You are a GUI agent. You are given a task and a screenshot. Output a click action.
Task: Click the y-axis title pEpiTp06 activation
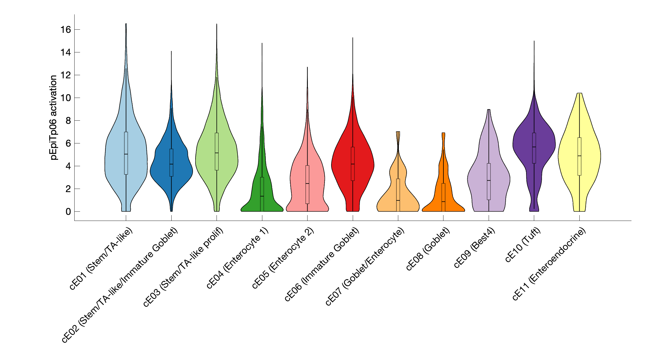tap(54, 118)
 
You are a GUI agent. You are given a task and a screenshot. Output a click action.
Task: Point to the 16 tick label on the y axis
tap(66, 30)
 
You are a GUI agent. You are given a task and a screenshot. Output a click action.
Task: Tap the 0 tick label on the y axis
tap(68, 212)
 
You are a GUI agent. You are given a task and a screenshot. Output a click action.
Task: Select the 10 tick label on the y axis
tap(66, 98)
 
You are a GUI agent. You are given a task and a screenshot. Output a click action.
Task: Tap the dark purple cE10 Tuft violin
tap(544, 144)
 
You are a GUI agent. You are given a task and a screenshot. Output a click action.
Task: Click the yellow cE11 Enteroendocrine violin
tap(590, 156)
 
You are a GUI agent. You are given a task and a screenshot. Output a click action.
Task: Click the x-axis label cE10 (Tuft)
tap(523, 245)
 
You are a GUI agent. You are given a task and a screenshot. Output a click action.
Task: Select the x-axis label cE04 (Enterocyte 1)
tap(238, 258)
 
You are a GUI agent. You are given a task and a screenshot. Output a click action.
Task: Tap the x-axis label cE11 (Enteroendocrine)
tap(549, 264)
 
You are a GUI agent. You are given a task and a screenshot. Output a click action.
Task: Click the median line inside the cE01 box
tap(126, 154)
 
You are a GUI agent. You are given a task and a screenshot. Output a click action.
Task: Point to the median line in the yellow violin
tap(579, 156)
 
